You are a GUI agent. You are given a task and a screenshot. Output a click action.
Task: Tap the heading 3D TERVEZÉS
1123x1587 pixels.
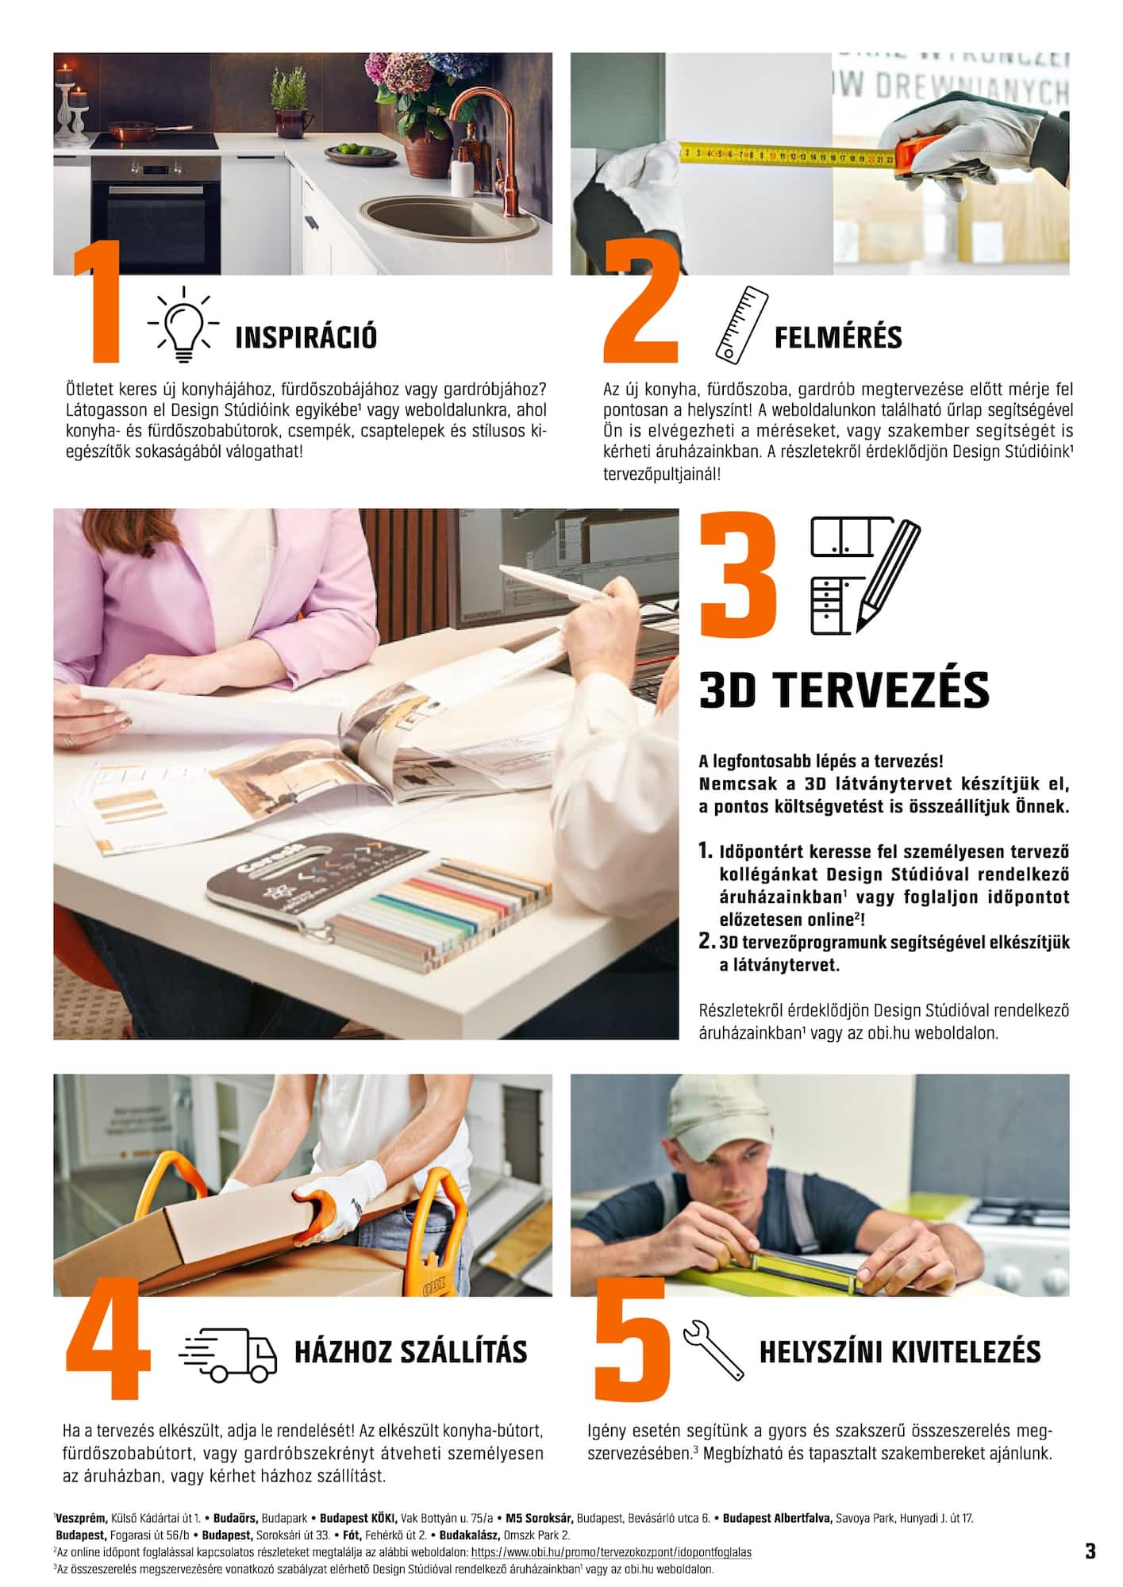[x=844, y=690]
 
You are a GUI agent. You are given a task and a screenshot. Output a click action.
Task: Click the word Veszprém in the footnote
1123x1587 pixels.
[x=82, y=1518]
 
